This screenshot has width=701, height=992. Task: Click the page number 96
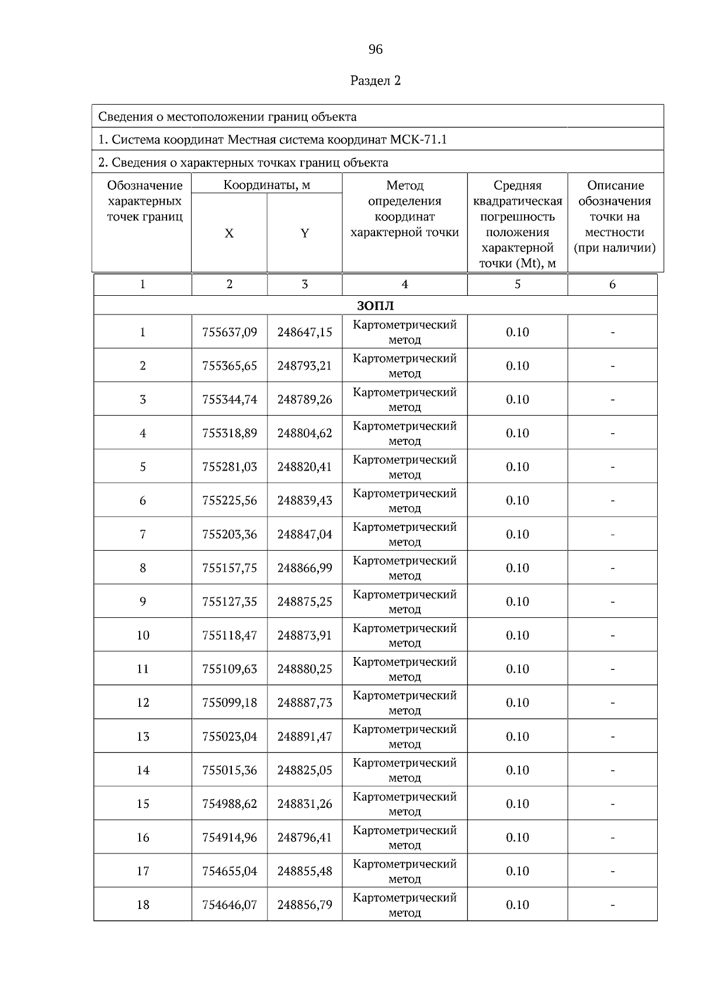coord(376,50)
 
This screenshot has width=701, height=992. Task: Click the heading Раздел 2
coord(376,81)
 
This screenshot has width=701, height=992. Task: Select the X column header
coord(229,234)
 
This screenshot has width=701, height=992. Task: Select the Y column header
coord(304,234)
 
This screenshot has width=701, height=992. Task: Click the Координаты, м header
coord(266,185)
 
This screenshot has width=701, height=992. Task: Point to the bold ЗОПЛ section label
coord(376,306)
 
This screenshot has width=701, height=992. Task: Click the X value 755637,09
coord(230,332)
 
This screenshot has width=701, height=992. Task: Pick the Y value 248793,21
coord(304,366)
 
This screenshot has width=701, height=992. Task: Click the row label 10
coord(143,635)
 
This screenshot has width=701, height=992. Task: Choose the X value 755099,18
coord(230,703)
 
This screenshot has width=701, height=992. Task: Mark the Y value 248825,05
coord(304,770)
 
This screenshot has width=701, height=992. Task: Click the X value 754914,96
coord(230,838)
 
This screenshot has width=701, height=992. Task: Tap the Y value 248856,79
coord(304,905)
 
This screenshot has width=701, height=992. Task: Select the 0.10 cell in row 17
coord(517,872)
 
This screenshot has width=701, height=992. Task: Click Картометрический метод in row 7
coord(404,534)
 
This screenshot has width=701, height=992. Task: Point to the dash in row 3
coord(612,400)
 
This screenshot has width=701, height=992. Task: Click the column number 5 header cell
coord(517,285)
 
